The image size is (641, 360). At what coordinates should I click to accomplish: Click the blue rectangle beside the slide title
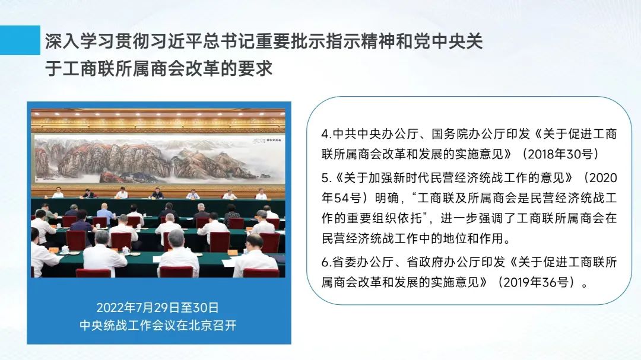(x=20, y=40)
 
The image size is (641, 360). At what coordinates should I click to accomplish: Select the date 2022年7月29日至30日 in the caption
(x=157, y=307)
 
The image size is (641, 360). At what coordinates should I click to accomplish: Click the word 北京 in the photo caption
(x=200, y=325)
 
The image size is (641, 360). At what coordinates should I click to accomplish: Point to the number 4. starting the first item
(x=326, y=134)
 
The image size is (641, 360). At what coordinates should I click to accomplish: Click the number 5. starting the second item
(x=326, y=178)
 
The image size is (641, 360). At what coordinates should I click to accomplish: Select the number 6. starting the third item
(x=326, y=262)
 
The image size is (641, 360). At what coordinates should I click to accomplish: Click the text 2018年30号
(x=560, y=154)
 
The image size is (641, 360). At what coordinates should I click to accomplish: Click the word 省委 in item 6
(x=345, y=262)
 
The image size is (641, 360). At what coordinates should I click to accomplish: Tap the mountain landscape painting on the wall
(x=158, y=160)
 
